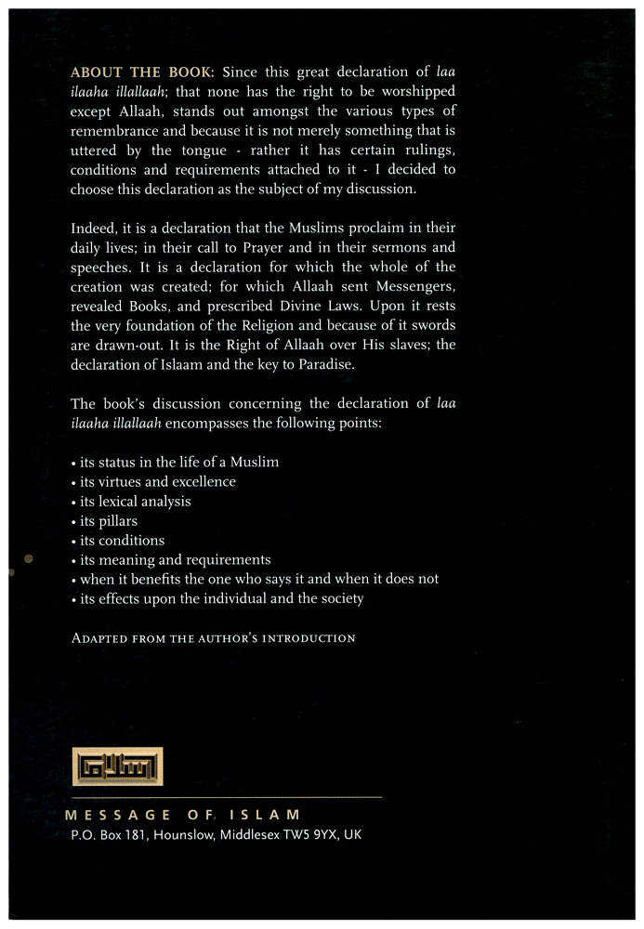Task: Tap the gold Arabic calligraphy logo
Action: (x=117, y=766)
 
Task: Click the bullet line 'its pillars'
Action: (x=104, y=520)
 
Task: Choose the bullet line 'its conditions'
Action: (x=117, y=540)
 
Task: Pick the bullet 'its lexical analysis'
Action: (x=131, y=501)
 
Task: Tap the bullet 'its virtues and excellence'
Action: (x=153, y=481)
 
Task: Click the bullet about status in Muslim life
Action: (x=175, y=462)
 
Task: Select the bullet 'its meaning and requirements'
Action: (x=171, y=559)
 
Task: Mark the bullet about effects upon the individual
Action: (x=217, y=598)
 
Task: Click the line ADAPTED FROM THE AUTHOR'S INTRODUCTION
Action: (x=214, y=638)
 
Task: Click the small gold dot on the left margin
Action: (x=28, y=558)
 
